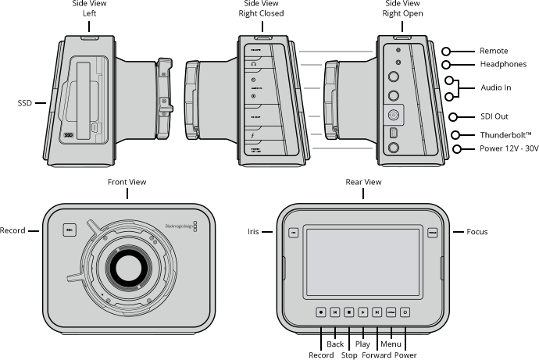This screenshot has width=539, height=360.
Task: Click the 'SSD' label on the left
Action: point(25,102)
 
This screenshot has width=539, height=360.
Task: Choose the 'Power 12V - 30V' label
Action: point(497,149)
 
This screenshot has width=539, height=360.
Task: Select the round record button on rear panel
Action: point(321,311)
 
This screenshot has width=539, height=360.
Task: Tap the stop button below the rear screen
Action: point(349,311)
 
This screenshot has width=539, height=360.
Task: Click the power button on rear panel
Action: point(405,311)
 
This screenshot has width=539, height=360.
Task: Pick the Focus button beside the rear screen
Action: point(432,232)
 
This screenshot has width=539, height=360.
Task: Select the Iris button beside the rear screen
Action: point(293,232)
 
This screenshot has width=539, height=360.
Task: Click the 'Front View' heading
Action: point(127,182)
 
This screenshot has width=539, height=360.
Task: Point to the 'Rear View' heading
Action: point(363,182)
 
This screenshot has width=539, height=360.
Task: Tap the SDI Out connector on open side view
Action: point(394,112)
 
